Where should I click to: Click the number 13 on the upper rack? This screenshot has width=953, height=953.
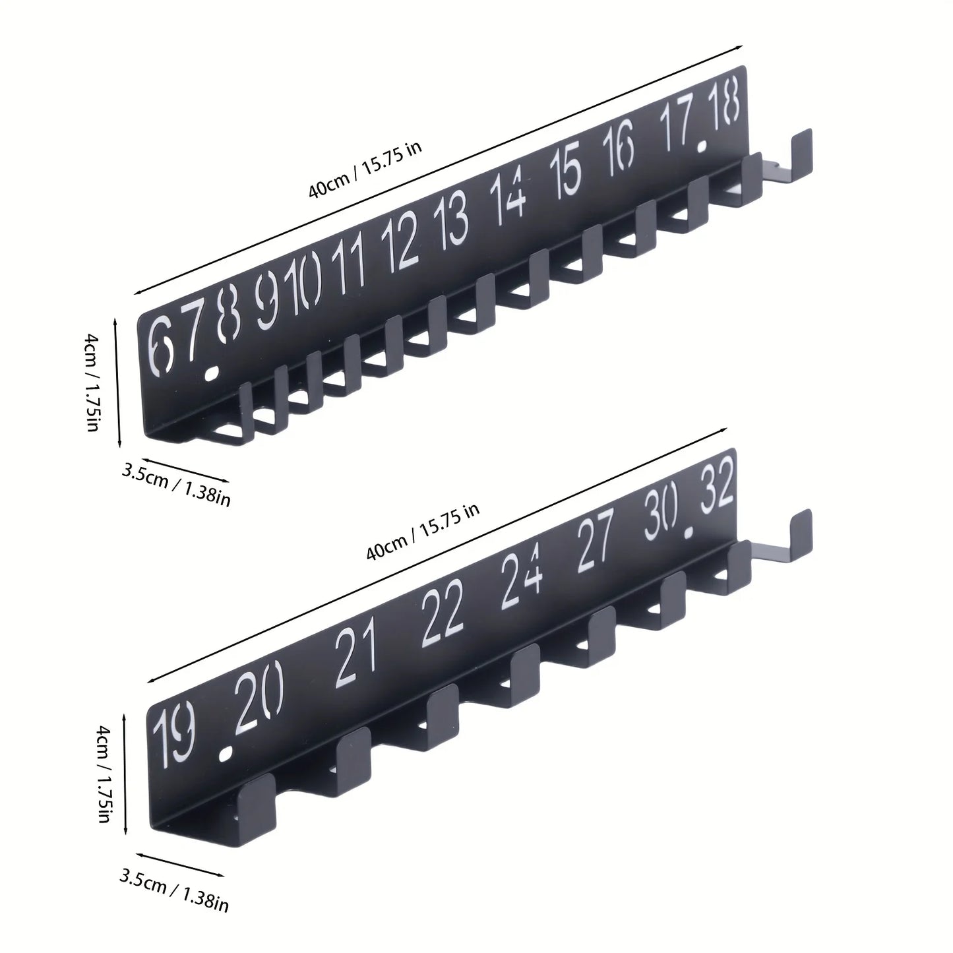tap(454, 223)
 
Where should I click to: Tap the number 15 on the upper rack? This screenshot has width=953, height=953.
tap(567, 171)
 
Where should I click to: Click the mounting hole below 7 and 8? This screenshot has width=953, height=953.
tap(210, 374)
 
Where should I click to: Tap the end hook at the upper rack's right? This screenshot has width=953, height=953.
tap(800, 153)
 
